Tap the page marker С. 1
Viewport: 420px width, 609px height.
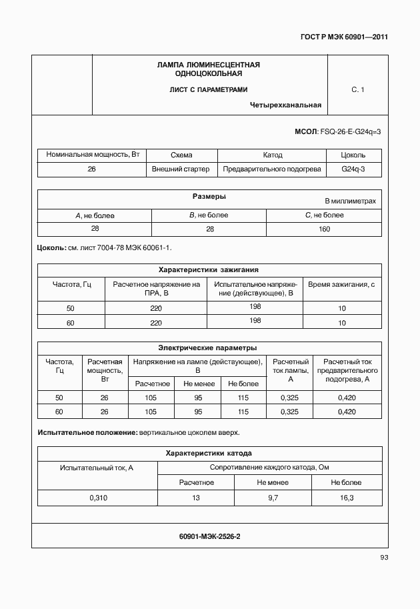357,89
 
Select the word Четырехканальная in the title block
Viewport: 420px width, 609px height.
285,105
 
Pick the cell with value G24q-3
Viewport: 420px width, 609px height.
353,169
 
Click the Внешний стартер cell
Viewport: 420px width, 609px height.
181,169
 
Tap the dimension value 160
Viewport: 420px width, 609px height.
324,229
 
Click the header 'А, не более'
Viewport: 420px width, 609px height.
95,215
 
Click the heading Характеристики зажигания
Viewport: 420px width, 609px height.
208,270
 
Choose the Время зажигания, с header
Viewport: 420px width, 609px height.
341,285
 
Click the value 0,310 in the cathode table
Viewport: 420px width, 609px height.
97,498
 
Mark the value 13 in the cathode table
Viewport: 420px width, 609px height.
196,498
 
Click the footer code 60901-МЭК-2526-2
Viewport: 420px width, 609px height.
209,536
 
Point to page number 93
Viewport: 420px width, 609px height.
383,558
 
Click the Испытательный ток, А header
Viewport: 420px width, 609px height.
97,468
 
